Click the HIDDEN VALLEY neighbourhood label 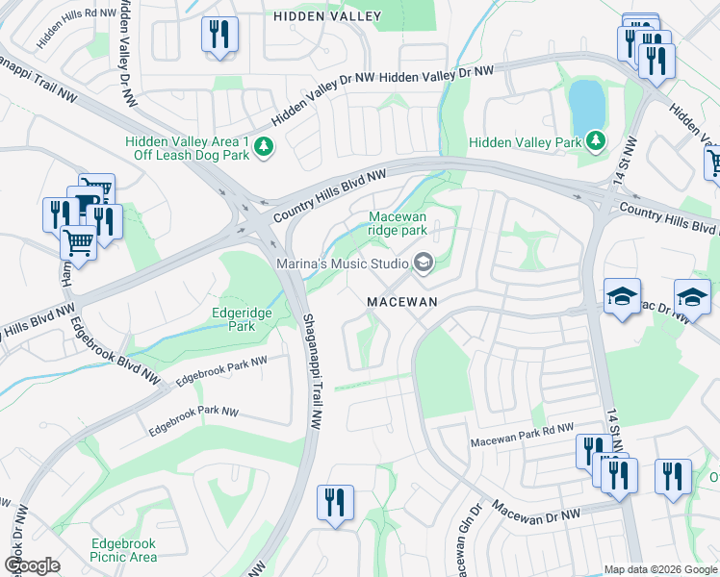(x=326, y=16)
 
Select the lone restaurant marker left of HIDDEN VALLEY (x=219, y=37)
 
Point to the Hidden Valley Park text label (x=526, y=142)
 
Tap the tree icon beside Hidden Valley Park (x=596, y=141)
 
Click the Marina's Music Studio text (x=342, y=263)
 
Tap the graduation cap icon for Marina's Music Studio (x=423, y=263)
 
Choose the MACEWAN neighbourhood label (x=403, y=301)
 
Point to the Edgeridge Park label (x=234, y=319)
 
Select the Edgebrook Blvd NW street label (x=112, y=352)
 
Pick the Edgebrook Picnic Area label (x=123, y=550)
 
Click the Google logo (x=32, y=565)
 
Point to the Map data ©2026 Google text (x=659, y=569)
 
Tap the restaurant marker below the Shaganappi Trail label (x=335, y=502)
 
